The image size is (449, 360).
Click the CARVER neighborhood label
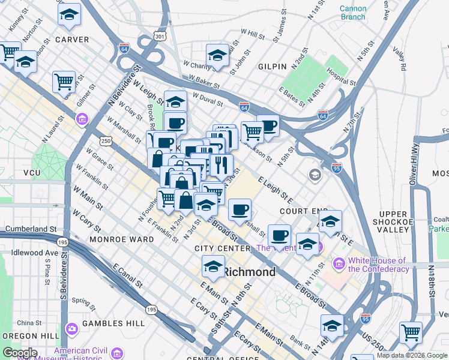[x=72, y=40]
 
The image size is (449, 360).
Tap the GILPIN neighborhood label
[x=273, y=66]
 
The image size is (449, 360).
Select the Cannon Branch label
[x=352, y=13]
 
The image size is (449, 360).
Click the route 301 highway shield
[x=159, y=37]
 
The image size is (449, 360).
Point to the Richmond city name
[x=250, y=272]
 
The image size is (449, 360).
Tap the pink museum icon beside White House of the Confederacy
[x=340, y=263]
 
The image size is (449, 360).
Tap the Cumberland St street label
[x=31, y=229]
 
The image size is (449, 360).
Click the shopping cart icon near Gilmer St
[x=64, y=80]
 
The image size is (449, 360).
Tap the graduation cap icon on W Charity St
[x=217, y=55]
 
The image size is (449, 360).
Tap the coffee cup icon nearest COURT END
[x=240, y=209]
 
